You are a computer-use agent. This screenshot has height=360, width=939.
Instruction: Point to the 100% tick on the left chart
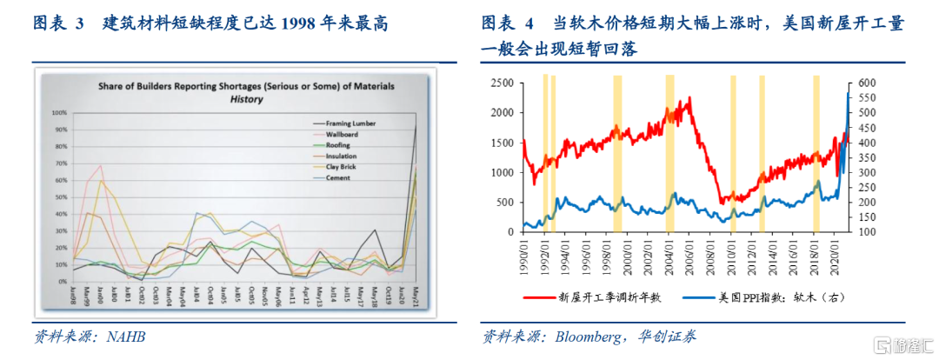59,113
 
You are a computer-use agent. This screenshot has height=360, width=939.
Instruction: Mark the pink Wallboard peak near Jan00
101,165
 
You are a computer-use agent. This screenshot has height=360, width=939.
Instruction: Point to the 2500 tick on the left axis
500,83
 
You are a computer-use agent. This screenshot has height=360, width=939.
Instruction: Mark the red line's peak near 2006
689,97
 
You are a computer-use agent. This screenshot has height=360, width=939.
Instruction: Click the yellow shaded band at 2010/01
733,157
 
